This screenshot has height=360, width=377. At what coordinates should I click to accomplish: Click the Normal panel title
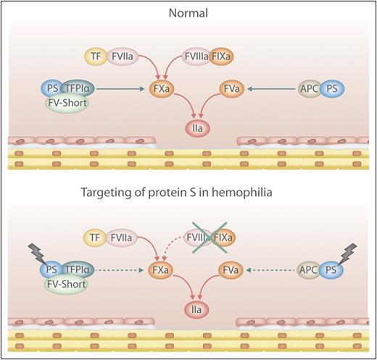tap(188, 13)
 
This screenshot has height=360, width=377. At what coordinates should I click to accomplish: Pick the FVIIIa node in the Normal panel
tap(197, 56)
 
